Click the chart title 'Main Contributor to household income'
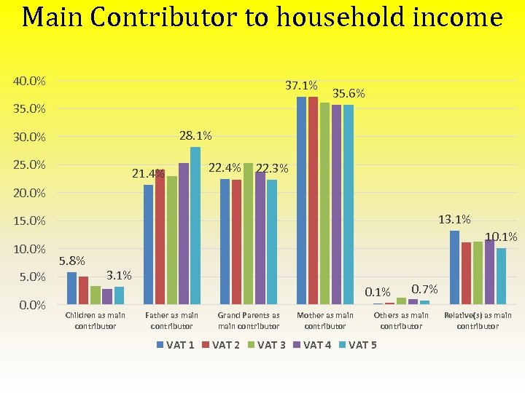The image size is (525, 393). [x=262, y=17]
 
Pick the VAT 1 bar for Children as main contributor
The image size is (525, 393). [x=71, y=288]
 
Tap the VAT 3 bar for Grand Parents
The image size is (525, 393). [x=249, y=234]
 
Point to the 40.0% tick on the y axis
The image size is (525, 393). [x=29, y=81]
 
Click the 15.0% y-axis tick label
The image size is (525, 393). [x=29, y=221]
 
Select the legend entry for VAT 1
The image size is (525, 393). [x=176, y=345]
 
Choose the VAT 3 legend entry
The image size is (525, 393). [x=267, y=345]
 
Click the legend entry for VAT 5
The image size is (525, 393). [x=358, y=345]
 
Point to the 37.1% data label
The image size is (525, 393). [x=301, y=87]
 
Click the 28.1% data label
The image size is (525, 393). [x=195, y=136]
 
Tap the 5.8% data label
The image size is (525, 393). [x=72, y=261]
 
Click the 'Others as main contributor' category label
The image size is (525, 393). [x=401, y=320]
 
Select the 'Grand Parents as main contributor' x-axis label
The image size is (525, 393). [x=249, y=320]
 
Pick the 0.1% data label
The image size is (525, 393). [x=378, y=293]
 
